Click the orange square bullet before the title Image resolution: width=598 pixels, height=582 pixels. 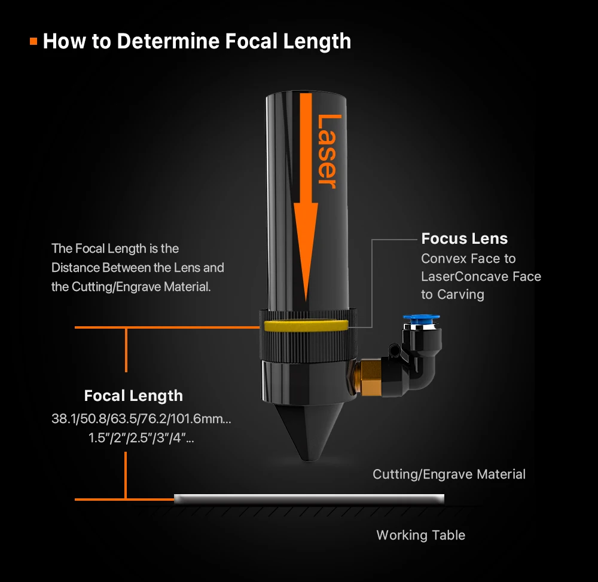33,42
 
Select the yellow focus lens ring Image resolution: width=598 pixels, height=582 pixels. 305,325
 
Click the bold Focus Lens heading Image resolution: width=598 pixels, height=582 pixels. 464,238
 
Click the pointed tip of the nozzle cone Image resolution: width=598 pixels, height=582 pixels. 306,459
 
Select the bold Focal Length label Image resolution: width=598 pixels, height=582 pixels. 133,396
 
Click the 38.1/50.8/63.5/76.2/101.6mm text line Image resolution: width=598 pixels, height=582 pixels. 141,418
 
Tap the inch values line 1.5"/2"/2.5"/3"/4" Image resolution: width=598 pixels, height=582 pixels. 141,437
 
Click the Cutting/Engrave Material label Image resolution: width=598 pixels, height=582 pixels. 449,474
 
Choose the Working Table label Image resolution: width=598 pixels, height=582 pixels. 420,535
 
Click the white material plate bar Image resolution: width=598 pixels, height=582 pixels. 309,498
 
